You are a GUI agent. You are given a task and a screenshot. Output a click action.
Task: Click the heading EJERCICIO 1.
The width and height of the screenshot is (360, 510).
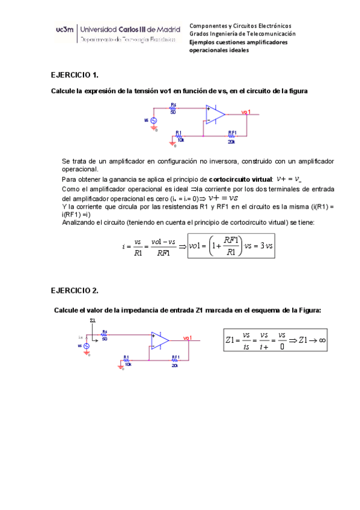pyautogui.click(x=74, y=75)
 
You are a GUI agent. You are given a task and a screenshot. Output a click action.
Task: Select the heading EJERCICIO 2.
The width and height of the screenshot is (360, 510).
pyautogui.click(x=74, y=290)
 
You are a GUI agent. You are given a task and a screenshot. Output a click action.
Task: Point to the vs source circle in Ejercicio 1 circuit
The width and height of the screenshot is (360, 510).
pyautogui.click(x=153, y=121)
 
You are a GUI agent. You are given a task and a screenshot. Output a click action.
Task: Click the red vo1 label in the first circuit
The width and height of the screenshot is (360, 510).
pyautogui.click(x=246, y=112)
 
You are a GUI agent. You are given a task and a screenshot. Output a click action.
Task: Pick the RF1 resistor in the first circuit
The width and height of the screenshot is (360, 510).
pyautogui.click(x=232, y=135)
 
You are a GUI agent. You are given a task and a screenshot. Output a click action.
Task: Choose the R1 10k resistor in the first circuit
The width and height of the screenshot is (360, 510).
pyautogui.click(x=178, y=135)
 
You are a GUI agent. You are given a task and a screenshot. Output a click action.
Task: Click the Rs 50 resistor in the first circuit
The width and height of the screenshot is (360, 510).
pyautogui.click(x=173, y=108)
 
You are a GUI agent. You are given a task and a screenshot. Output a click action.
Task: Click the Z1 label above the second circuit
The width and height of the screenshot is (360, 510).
pyautogui.click(x=92, y=321)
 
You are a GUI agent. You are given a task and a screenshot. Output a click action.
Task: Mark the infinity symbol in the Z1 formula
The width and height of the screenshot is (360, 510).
pyautogui.click(x=323, y=340)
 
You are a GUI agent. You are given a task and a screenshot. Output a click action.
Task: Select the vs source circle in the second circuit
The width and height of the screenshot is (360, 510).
pyautogui.click(x=86, y=346)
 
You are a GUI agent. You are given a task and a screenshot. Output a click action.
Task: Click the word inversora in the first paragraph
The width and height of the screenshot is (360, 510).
pyautogui.click(x=237, y=162)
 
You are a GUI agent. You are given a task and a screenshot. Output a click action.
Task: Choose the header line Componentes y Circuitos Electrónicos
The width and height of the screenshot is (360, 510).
pyautogui.click(x=240, y=26)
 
